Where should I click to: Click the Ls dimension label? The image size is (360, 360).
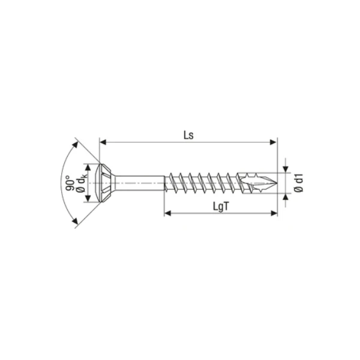pyautogui.click(x=188, y=135)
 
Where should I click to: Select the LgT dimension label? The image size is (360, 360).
pyautogui.click(x=221, y=206)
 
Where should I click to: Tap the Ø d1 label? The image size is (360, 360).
pyautogui.click(x=299, y=183)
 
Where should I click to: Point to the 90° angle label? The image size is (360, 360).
pyautogui.click(x=70, y=183)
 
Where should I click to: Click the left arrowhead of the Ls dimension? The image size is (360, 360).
pyautogui.click(x=103, y=142)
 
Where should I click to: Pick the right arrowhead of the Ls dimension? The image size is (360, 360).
pyautogui.click(x=274, y=142)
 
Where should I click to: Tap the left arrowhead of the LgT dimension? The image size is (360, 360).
pyautogui.click(x=168, y=213)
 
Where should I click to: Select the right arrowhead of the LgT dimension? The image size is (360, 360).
pyautogui.click(x=274, y=213)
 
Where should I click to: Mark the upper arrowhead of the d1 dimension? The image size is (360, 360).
pyautogui.click(x=286, y=169)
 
